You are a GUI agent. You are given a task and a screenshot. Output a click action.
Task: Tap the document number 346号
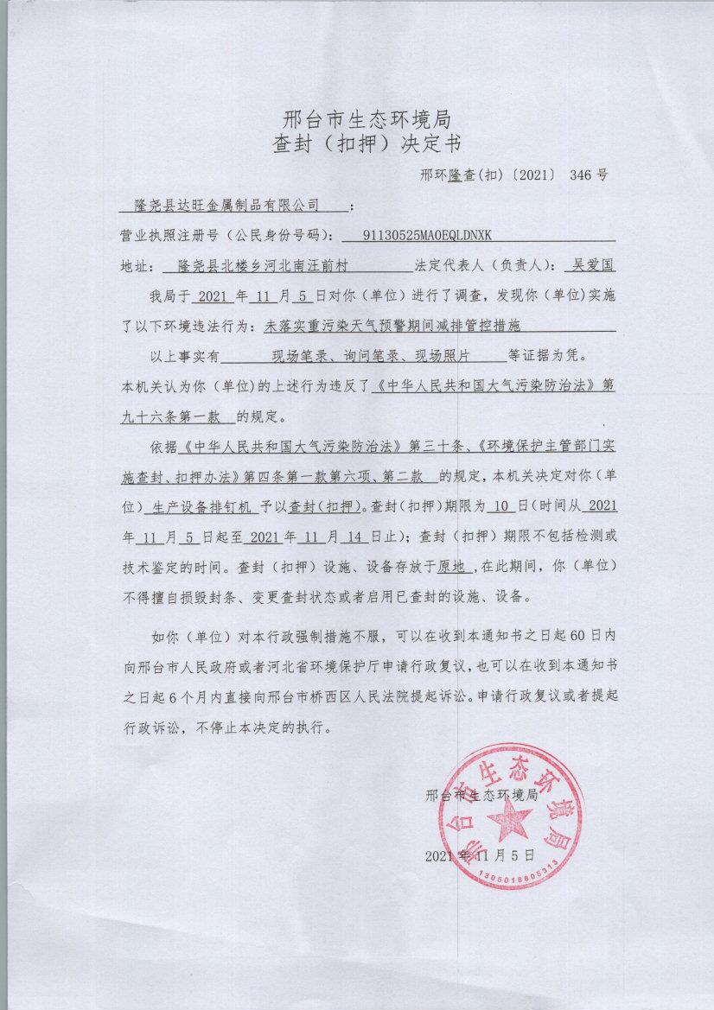(589, 174)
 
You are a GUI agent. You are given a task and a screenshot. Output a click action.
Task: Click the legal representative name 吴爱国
(588, 264)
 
